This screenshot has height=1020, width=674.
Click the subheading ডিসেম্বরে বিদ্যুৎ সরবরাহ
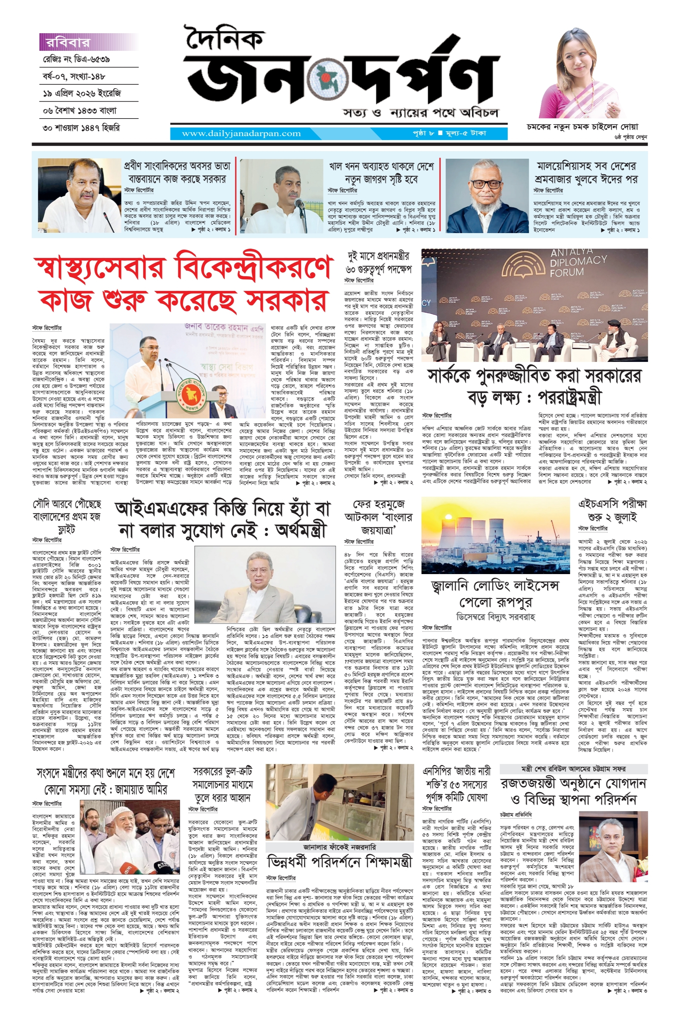(x=496, y=617)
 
